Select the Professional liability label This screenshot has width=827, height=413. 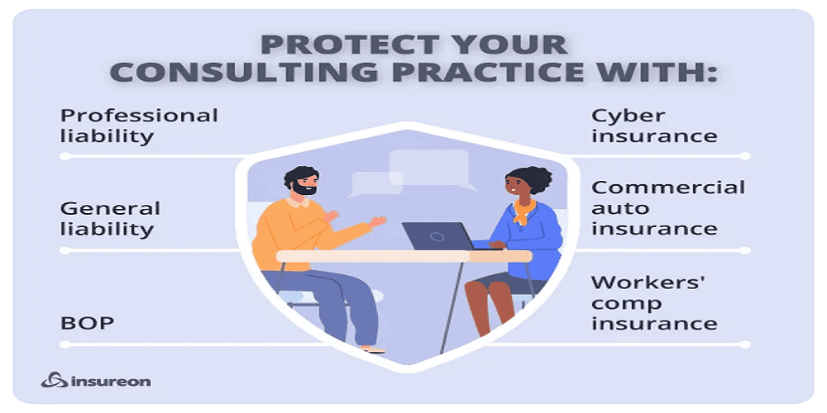pyautogui.click(x=139, y=126)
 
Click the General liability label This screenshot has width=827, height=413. pyautogui.click(x=110, y=219)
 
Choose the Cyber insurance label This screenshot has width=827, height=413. pyautogui.click(x=654, y=126)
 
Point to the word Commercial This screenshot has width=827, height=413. pyautogui.click(x=667, y=187)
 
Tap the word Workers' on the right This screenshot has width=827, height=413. pyautogui.click(x=647, y=282)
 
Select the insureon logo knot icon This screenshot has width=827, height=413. pyautogui.click(x=55, y=380)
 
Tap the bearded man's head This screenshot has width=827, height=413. pyautogui.click(x=302, y=182)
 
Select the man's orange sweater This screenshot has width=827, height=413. pyautogui.click(x=302, y=233)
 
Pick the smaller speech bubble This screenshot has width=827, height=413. pyautogui.click(x=374, y=184)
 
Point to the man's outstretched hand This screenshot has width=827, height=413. pyautogui.click(x=377, y=221)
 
